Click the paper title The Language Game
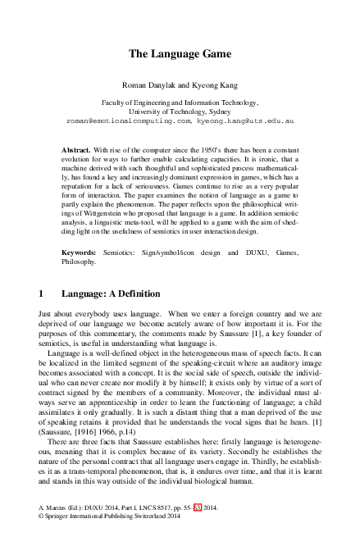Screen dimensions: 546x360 180,54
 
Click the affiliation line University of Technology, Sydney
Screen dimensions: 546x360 180,111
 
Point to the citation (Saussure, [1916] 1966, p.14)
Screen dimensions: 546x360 75,439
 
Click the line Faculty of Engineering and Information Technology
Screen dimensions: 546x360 180,102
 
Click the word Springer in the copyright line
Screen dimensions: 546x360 58,539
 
